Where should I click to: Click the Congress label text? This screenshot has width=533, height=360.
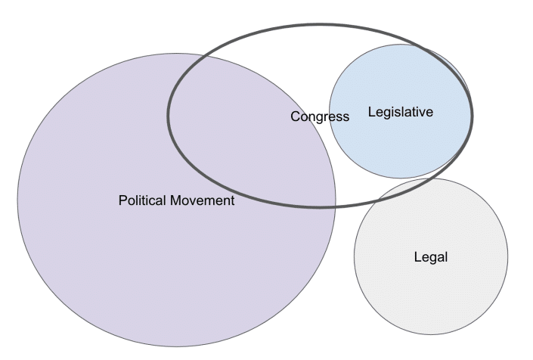[320, 117]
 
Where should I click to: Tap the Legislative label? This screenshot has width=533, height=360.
[401, 112]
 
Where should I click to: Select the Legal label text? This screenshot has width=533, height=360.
[431, 257]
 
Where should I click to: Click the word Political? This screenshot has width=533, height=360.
[143, 200]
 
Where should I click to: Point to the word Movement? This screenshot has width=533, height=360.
[203, 200]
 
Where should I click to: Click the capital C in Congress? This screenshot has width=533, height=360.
[296, 116]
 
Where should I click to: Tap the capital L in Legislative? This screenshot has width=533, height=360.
[371, 112]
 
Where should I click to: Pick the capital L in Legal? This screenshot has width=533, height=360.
[418, 256]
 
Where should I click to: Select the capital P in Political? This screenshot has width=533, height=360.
[122, 200]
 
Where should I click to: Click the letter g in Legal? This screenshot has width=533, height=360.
[433, 259]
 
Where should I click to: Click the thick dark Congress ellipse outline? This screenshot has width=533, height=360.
[320, 24]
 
